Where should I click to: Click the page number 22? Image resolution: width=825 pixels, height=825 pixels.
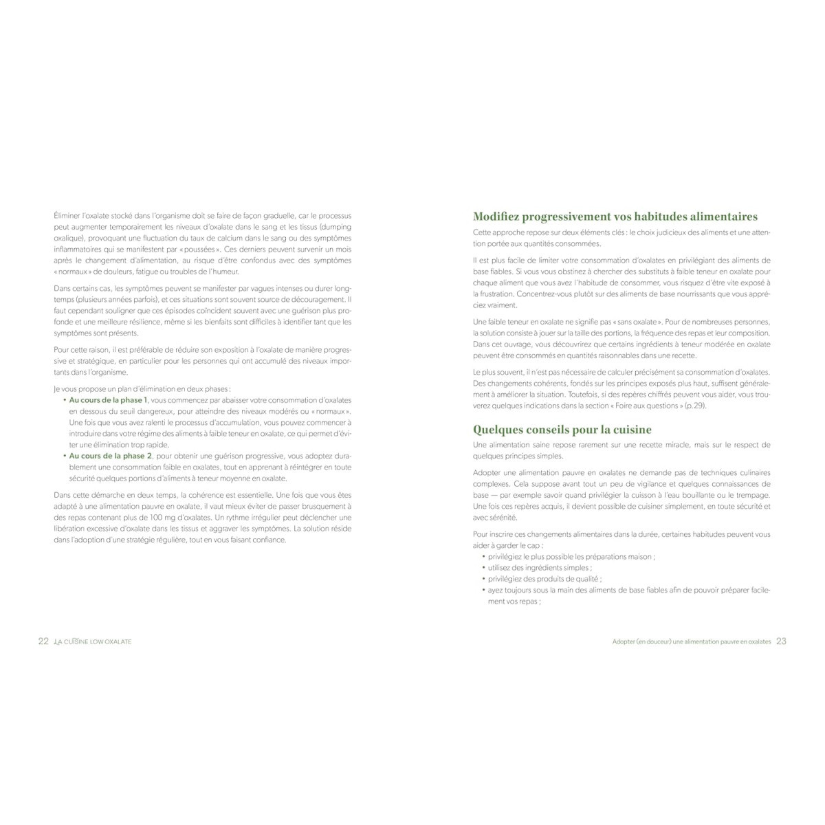point(43,641)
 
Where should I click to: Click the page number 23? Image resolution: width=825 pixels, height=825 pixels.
point(781,641)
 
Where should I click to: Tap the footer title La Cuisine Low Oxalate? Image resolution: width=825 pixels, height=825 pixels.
point(93,641)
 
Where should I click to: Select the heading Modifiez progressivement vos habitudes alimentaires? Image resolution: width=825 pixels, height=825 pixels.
point(615,217)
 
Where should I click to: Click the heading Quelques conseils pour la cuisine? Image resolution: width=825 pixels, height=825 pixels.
point(562,430)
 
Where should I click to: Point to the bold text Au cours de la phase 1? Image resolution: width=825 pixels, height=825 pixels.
point(109,400)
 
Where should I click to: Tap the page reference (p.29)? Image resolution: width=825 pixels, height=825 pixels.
point(695,406)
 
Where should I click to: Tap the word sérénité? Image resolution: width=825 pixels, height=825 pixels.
point(504,517)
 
